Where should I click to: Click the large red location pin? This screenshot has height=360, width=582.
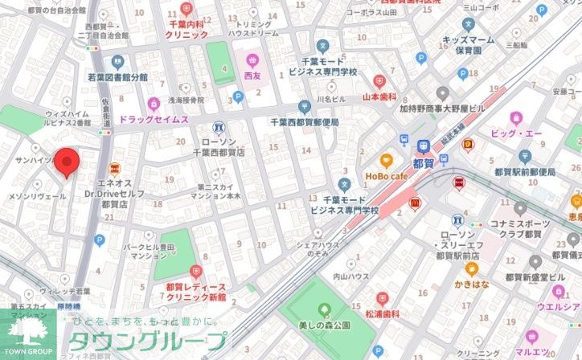[67, 162]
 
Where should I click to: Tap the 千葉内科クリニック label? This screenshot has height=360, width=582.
[187, 30]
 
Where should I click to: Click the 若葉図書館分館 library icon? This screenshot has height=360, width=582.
[118, 62]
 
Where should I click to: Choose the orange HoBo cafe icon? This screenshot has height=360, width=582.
[386, 160]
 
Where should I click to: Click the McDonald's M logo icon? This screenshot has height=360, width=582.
[416, 204]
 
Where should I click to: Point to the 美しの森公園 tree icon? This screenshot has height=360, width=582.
[324, 309]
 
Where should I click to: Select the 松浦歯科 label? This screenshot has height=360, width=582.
[382, 315]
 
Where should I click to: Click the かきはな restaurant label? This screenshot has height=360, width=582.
[472, 284]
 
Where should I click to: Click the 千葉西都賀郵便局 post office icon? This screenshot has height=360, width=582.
[304, 107]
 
